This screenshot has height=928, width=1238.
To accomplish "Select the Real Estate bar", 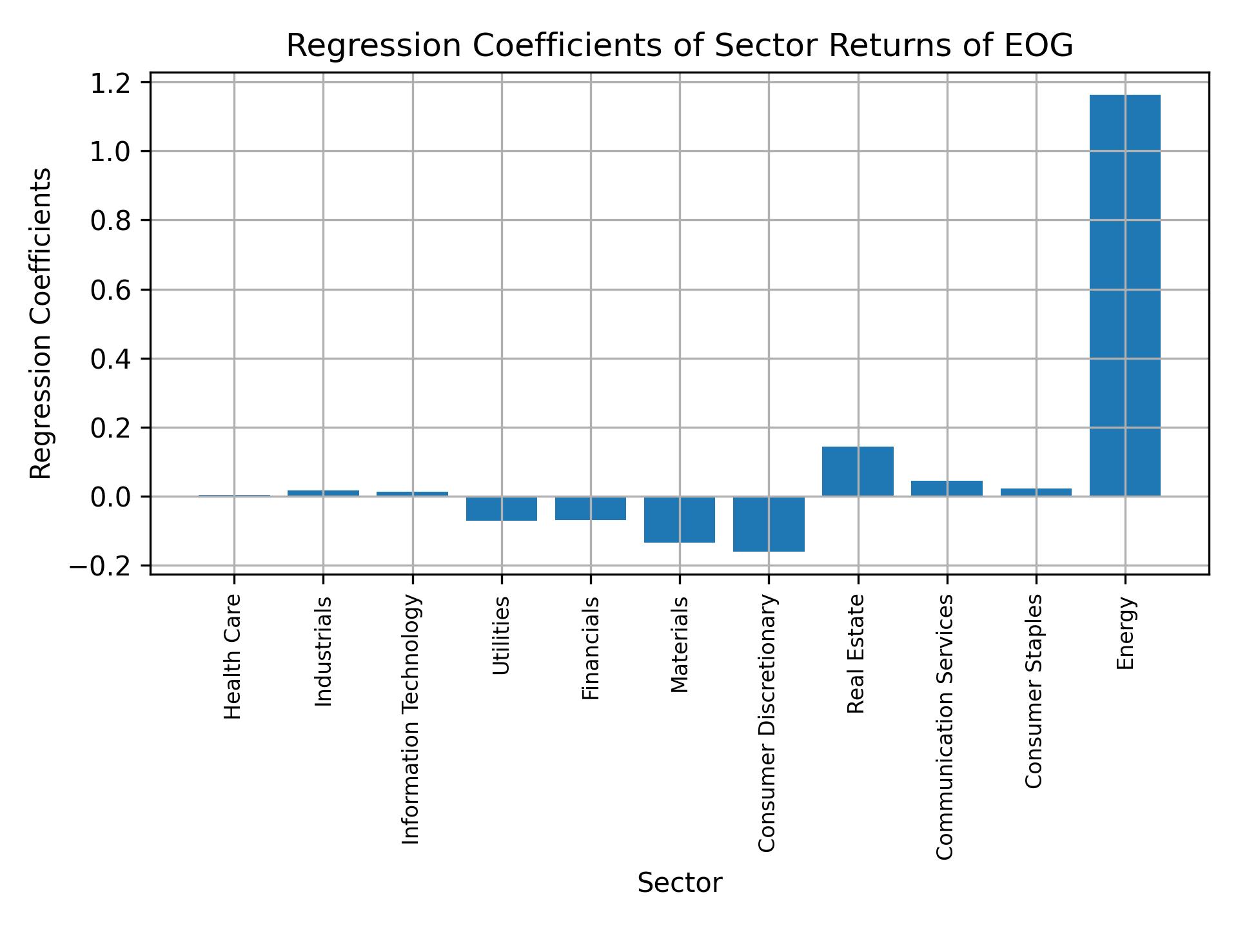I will (x=858, y=471).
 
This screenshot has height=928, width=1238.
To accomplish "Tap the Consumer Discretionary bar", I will (x=769, y=524).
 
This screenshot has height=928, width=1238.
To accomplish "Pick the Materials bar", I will (x=680, y=519).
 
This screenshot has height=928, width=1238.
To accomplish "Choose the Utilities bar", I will (x=502, y=508).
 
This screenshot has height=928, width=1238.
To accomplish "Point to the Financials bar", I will (x=591, y=508).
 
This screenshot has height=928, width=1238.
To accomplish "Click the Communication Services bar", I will (x=947, y=488).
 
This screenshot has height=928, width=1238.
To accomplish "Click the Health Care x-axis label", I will (x=233, y=656).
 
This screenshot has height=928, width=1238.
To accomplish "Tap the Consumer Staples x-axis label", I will (x=1034, y=691).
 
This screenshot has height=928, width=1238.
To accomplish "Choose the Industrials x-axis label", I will (x=323, y=651).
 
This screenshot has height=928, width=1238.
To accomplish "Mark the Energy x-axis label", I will (x=1125, y=633).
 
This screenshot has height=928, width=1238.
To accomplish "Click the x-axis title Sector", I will (x=680, y=883).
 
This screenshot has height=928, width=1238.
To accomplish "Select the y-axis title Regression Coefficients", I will (x=41, y=324).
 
